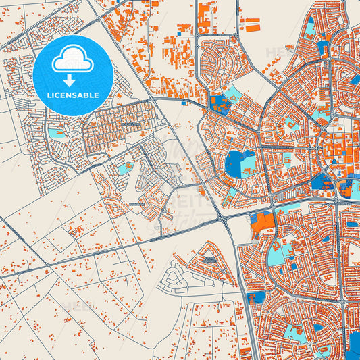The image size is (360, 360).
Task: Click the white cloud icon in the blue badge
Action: (x=72, y=61)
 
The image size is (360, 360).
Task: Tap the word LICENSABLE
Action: (x=72, y=95)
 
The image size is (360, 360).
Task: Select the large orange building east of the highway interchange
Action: (x=264, y=222)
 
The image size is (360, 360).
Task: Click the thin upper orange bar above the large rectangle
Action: (x=252, y=18)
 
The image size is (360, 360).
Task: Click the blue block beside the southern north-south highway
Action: (x=257, y=297)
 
